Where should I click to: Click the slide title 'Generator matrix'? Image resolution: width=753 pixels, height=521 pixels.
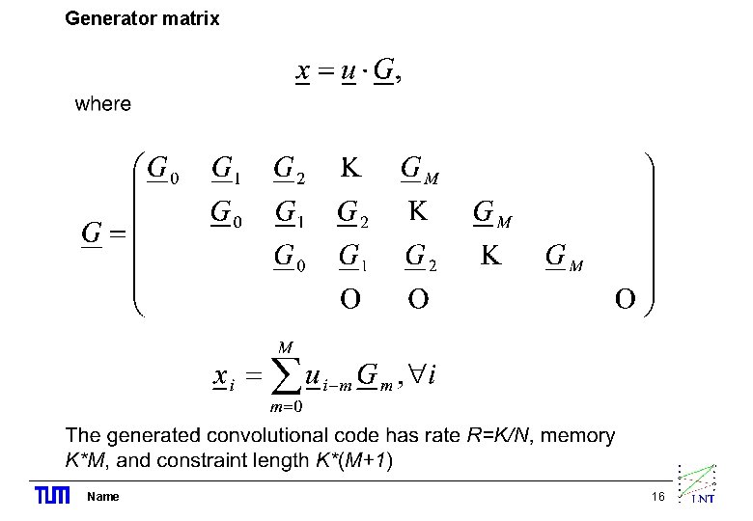pyautogui.click(x=142, y=18)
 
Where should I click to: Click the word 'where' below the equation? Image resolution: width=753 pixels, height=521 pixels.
pyautogui.click(x=102, y=103)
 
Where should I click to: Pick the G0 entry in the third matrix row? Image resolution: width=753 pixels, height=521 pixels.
pyautogui.click(x=289, y=258)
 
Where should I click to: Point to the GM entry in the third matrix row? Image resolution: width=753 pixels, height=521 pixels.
pyautogui.click(x=563, y=258)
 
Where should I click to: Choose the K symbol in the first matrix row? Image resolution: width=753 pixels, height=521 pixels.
pyautogui.click(x=351, y=169)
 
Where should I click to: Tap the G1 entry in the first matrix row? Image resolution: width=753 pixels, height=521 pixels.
pyautogui.click(x=226, y=171)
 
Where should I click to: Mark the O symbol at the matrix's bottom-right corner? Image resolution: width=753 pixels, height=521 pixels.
pyautogui.click(x=626, y=300)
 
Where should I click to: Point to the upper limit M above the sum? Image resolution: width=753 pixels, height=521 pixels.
pyautogui.click(x=285, y=345)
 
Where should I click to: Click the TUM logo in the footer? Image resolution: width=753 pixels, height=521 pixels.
pyautogui.click(x=52, y=496)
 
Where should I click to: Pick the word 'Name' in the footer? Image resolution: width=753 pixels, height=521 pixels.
pyautogui.click(x=102, y=496)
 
